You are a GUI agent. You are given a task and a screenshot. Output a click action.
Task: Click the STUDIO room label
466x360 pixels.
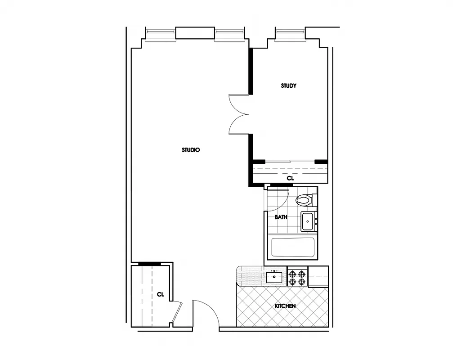click(191, 150)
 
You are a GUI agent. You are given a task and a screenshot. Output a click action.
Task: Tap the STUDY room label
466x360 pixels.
click(289, 85)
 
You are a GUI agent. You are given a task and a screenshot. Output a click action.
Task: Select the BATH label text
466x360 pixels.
click(281, 217)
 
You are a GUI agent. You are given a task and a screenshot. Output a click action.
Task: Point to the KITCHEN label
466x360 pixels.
click(285, 306)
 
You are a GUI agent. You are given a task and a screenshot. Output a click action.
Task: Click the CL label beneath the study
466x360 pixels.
click(290, 178)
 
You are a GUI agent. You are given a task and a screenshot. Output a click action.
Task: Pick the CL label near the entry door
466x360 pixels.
click(161, 294)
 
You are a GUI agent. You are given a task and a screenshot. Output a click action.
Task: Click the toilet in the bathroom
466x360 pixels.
click(306, 199)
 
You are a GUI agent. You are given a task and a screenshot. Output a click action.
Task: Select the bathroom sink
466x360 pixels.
click(308, 221)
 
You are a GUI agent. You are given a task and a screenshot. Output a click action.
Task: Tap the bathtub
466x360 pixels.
click(293, 247)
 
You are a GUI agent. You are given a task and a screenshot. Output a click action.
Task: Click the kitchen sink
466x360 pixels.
click(274, 276)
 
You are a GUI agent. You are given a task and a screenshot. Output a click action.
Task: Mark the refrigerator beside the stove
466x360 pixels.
click(318, 276)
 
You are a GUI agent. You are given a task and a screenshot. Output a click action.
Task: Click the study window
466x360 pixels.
click(290, 33)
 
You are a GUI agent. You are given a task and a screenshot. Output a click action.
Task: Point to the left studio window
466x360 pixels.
click(160, 34)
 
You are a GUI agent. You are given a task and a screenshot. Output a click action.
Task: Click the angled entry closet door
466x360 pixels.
click(177, 312)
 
